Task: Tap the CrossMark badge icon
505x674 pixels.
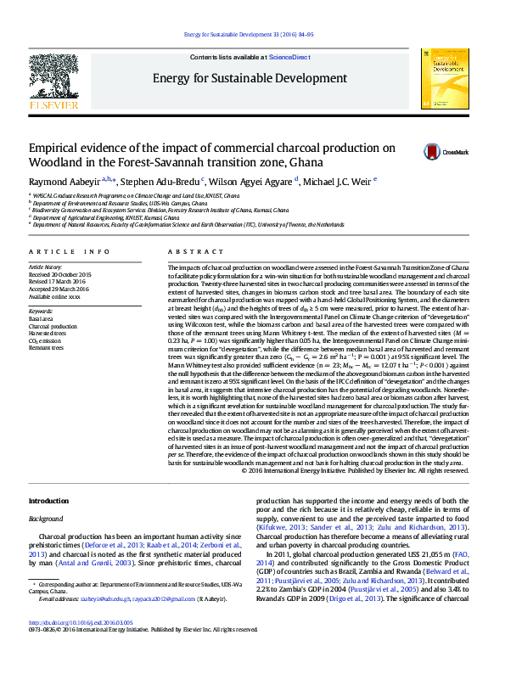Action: pyautogui.click(x=433, y=152)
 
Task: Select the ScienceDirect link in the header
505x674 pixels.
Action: pyautogui.click(x=289, y=56)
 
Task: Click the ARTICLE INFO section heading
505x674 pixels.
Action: pyautogui.click(x=70, y=252)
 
